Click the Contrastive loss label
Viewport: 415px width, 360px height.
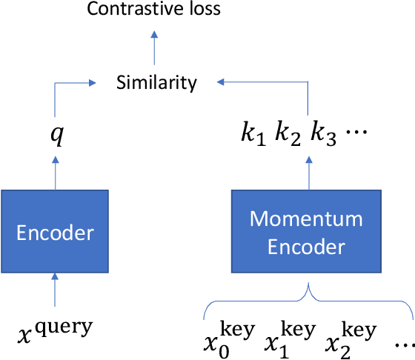coord(154,10)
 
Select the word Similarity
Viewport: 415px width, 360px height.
coord(157,81)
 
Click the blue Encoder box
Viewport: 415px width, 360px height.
coord(55,233)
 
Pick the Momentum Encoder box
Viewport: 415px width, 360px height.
coord(306,233)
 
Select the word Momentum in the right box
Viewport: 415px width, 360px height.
coord(306,220)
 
